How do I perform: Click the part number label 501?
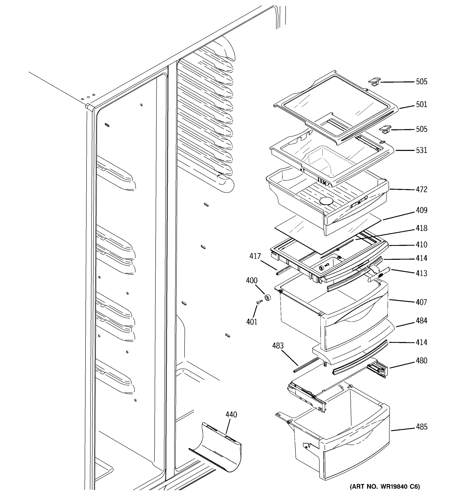pos(421,104)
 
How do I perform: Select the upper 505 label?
pos(421,82)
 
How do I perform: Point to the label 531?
pos(421,150)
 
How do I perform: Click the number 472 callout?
pos(421,189)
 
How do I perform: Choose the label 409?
pos(421,210)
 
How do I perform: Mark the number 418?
pos(421,228)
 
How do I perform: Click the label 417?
pos(255,256)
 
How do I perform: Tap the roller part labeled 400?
pos(267,297)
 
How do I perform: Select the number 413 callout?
pos(421,273)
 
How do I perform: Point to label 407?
pos(421,302)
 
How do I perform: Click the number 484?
pos(421,321)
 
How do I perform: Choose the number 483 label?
pos(278,346)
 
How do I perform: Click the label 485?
pos(421,427)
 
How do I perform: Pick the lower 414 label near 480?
pos(421,342)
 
